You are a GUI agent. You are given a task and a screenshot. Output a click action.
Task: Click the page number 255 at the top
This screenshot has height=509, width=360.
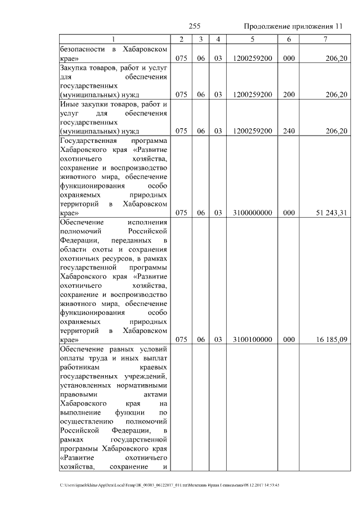coord(195,26)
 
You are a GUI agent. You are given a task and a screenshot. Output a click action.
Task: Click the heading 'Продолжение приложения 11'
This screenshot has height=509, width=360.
coord(292,26)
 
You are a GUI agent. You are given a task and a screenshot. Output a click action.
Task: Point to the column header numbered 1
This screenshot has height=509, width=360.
coord(114,39)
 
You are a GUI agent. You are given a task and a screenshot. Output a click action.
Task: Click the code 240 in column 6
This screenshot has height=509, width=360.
coord(289,131)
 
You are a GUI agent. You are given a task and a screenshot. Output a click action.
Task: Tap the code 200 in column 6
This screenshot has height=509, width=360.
coord(289,94)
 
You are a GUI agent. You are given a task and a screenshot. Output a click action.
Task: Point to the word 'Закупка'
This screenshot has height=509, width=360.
coord(74,67)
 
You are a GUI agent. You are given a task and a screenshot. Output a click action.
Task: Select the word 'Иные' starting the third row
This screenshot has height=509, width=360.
coord(69,104)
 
